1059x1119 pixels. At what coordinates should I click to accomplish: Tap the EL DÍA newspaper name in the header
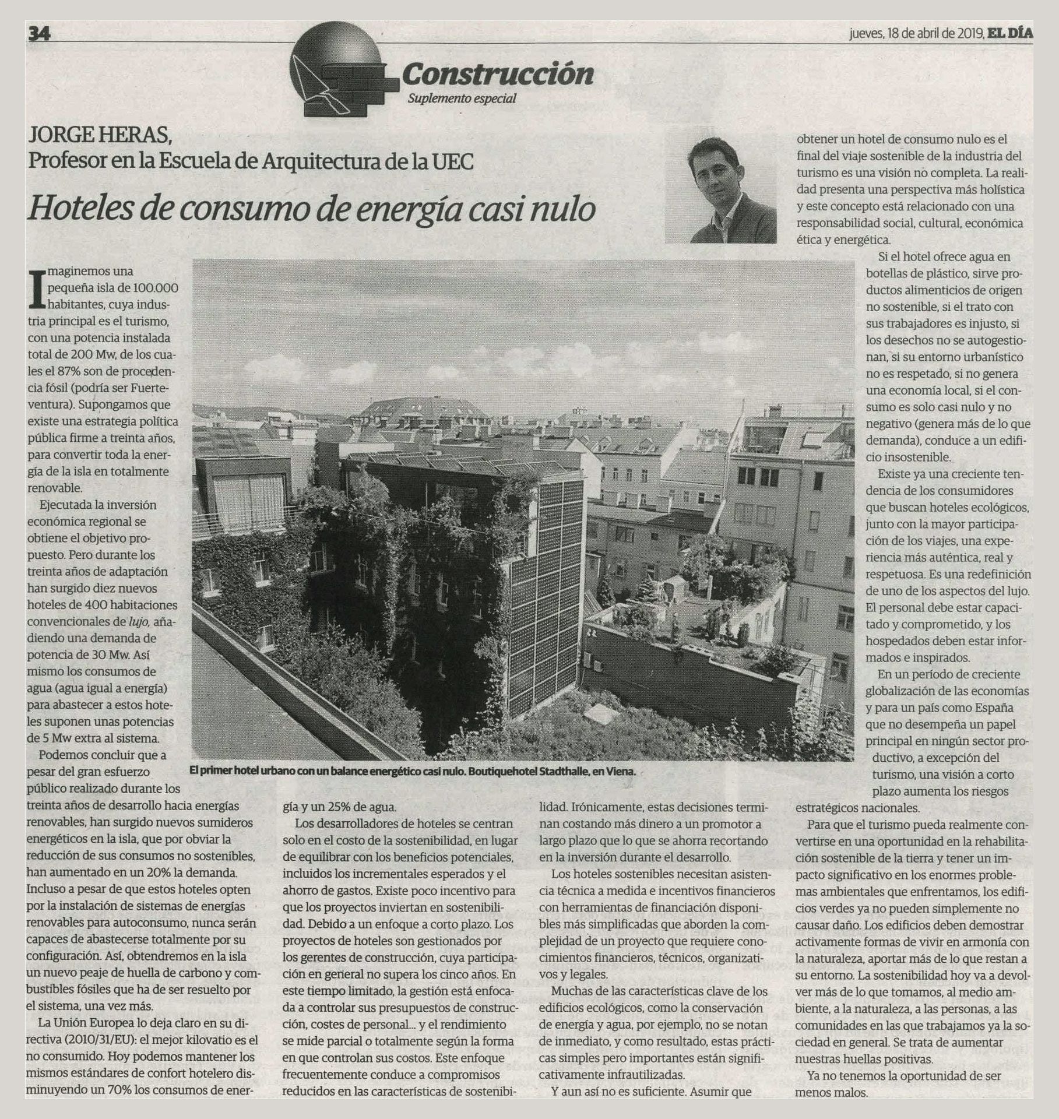click(1010, 33)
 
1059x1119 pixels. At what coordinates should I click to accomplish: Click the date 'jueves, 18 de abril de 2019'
click(916, 33)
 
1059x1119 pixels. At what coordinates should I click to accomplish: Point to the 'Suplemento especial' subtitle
click(462, 98)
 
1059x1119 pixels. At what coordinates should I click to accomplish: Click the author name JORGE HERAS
click(100, 137)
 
